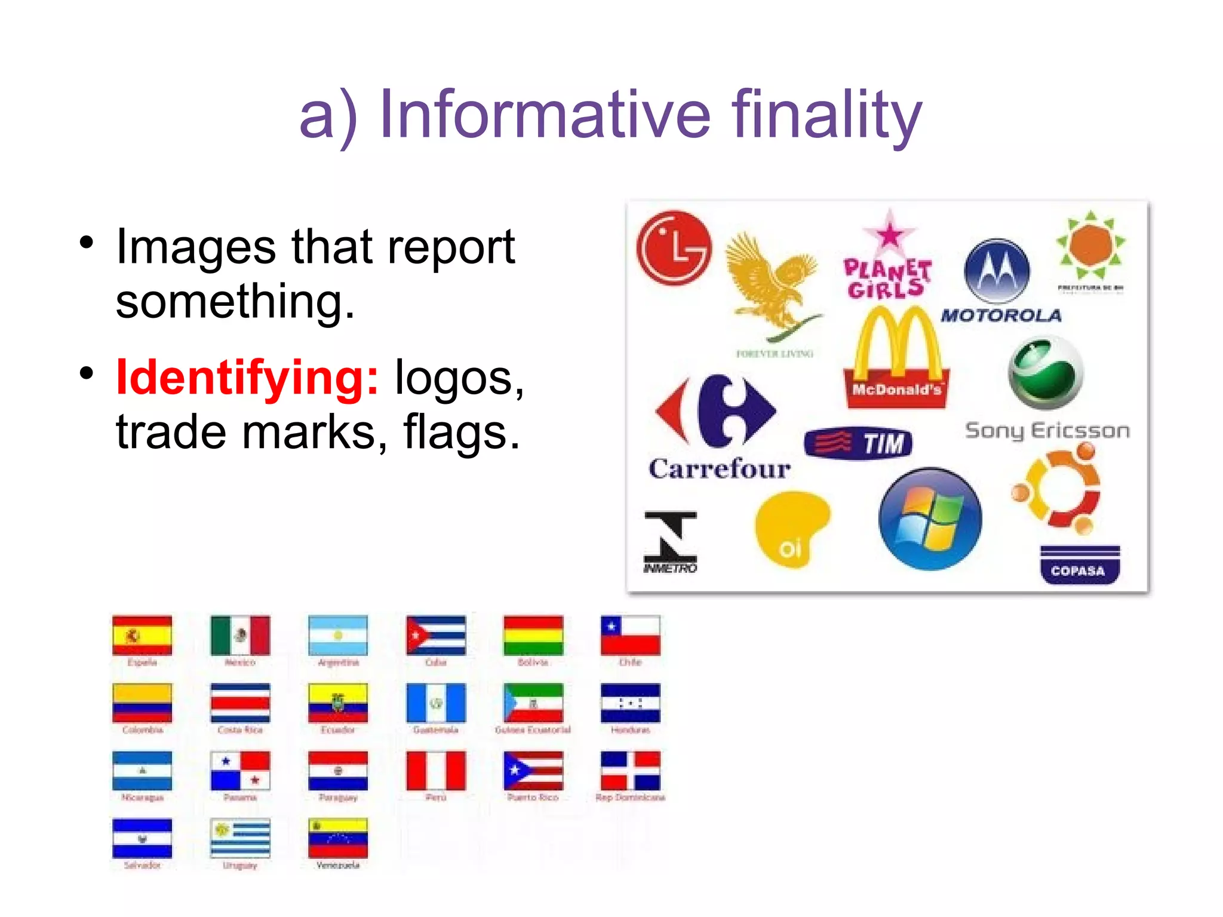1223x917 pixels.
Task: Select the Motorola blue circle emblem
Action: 997,271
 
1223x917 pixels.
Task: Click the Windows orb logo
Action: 930,519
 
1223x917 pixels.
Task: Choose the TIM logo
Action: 858,443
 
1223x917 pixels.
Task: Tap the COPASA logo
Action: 1080,565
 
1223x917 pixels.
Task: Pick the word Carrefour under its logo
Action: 720,469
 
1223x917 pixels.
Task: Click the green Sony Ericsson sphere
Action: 1046,373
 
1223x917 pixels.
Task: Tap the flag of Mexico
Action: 240,636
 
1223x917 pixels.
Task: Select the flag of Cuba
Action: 435,636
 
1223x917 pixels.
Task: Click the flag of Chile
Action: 630,636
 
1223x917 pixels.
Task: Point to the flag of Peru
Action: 435,771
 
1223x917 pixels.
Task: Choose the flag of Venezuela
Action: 338,838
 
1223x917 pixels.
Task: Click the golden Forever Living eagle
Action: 773,281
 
